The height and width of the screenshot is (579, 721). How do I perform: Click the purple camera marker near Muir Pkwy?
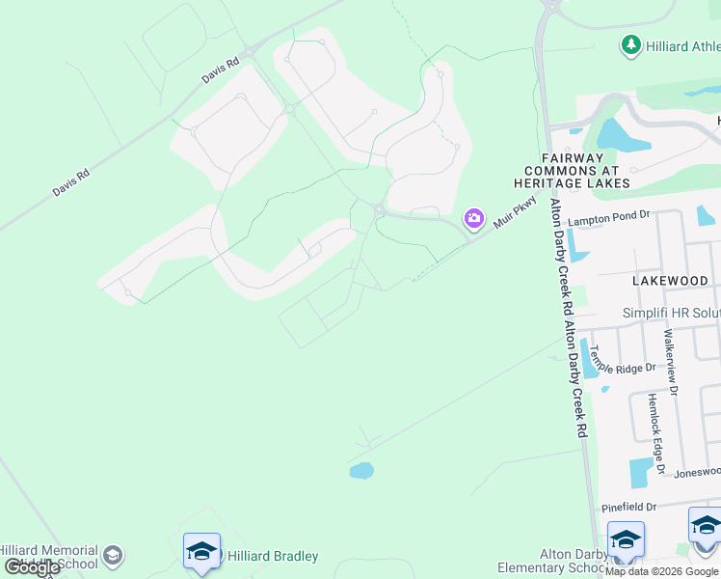473,218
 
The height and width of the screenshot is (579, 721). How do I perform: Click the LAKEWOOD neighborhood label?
671,281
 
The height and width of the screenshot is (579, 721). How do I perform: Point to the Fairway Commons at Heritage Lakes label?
585,170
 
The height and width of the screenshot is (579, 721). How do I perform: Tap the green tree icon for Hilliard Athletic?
630,44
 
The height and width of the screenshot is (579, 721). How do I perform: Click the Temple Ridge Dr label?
623,360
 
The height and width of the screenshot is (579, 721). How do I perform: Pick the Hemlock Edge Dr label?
655,433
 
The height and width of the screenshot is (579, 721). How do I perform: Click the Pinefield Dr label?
628,507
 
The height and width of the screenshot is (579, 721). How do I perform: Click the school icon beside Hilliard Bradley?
201,551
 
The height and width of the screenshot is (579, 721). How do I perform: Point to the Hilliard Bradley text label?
272,557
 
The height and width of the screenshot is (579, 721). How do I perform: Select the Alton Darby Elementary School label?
551,561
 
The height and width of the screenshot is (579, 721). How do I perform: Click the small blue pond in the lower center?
361,471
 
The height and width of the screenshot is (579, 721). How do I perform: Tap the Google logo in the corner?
32,567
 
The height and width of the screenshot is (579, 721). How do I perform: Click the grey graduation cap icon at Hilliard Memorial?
113,556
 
